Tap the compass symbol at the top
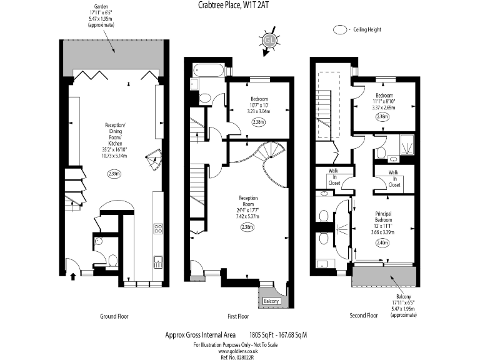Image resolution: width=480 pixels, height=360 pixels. (269, 40)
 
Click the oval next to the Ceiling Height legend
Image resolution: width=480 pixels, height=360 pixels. (341, 29)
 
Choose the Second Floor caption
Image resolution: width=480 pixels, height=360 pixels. (364, 316)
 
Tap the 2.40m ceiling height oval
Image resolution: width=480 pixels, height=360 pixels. (381, 243)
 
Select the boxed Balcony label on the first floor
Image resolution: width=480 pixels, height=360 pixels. (271, 302)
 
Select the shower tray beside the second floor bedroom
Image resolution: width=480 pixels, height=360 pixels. (407, 146)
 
